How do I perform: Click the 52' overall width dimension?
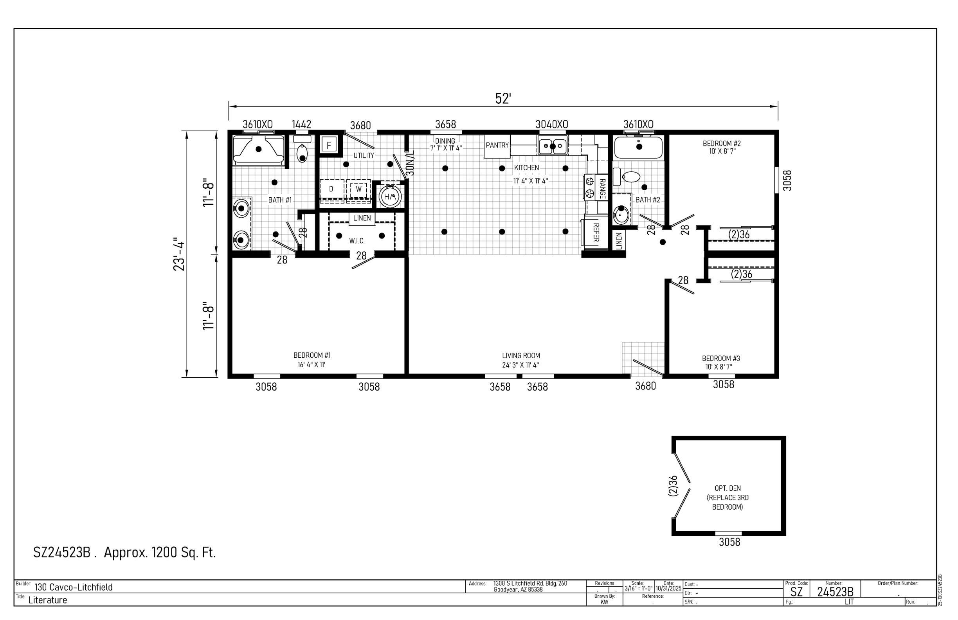click(x=503, y=99)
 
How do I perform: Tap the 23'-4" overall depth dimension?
click(x=179, y=256)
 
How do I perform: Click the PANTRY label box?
click(x=497, y=145)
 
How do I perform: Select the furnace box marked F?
click(x=329, y=145)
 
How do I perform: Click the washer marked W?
click(x=358, y=189)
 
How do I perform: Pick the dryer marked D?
click(x=331, y=189)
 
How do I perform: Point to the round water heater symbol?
click(x=390, y=196)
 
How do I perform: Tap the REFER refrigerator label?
click(x=596, y=232)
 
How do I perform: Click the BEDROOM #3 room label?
click(x=721, y=358)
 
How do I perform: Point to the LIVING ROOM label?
click(x=521, y=355)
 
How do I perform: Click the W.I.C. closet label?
click(x=357, y=241)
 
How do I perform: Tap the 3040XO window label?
click(x=551, y=124)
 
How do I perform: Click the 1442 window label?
click(x=301, y=124)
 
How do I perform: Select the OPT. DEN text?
click(x=728, y=488)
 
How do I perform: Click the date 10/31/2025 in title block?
click(x=668, y=589)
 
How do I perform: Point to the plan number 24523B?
click(x=835, y=592)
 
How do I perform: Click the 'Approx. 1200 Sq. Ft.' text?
click(x=160, y=552)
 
